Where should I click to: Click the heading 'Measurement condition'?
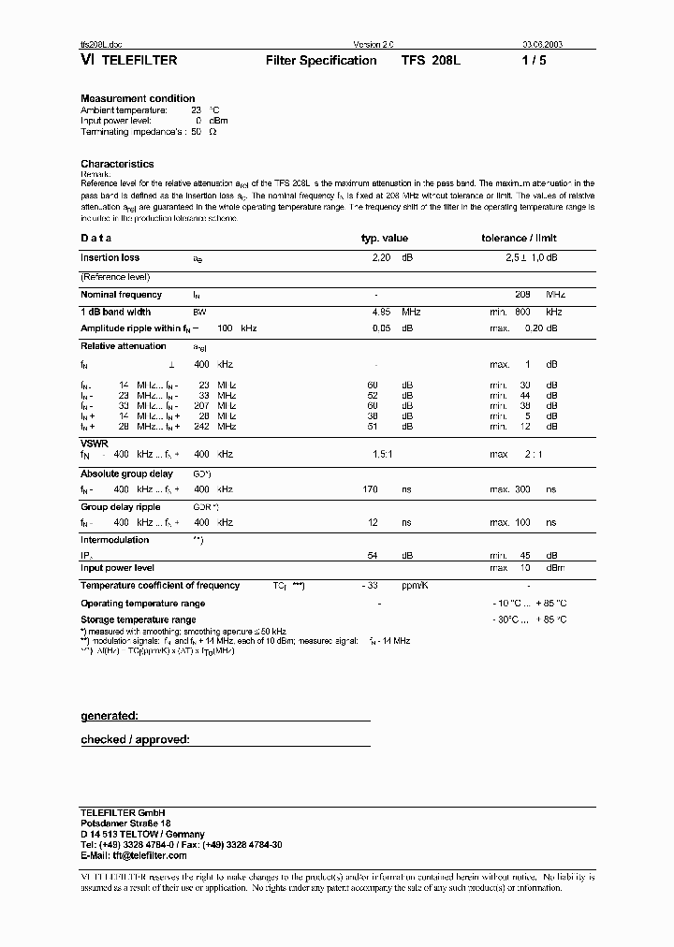[x=138, y=98]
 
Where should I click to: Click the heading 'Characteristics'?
[x=117, y=164]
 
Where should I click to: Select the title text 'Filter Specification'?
[x=321, y=60]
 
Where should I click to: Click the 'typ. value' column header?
[x=384, y=239]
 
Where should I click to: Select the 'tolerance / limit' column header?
[x=519, y=239]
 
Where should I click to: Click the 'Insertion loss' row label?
[x=110, y=257]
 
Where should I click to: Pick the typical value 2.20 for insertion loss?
[x=381, y=257]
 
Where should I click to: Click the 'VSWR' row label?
[x=94, y=442]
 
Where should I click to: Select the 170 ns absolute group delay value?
[x=371, y=488]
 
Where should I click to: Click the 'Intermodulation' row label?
[x=114, y=540]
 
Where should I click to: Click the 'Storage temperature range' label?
[x=138, y=619]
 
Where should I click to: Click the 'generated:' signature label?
[x=110, y=716]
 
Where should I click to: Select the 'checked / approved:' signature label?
[x=135, y=740]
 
